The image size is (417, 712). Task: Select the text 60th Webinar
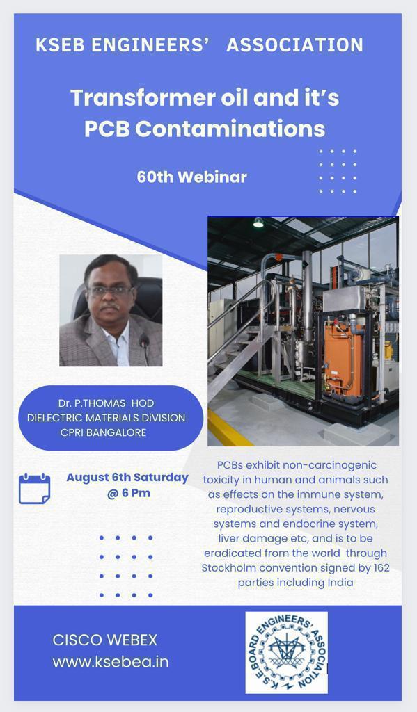(x=191, y=177)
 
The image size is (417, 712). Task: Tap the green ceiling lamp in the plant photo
(x=258, y=222)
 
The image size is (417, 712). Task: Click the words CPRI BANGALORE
(x=103, y=432)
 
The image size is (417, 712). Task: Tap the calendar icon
(x=35, y=488)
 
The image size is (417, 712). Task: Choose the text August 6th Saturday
(x=127, y=477)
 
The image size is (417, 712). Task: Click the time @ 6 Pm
(x=129, y=493)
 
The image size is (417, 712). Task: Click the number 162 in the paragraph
(x=381, y=567)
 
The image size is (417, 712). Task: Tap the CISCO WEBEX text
(x=105, y=640)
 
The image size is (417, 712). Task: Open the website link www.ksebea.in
(x=111, y=662)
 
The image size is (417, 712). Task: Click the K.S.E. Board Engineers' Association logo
(x=287, y=652)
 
